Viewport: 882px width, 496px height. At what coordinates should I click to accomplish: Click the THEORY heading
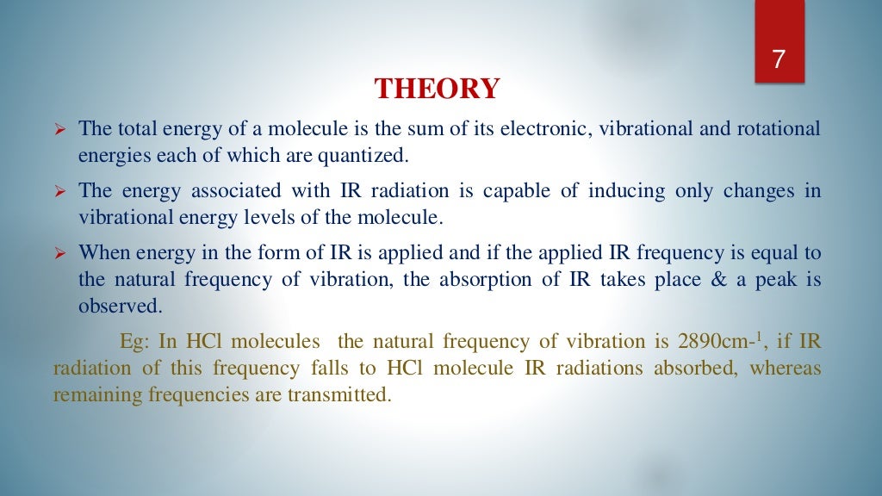click(x=437, y=90)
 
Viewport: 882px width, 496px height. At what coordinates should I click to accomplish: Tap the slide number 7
click(x=779, y=59)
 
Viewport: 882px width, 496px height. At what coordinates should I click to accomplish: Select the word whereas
click(x=785, y=369)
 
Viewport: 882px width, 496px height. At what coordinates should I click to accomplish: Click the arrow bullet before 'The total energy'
click(x=60, y=131)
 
